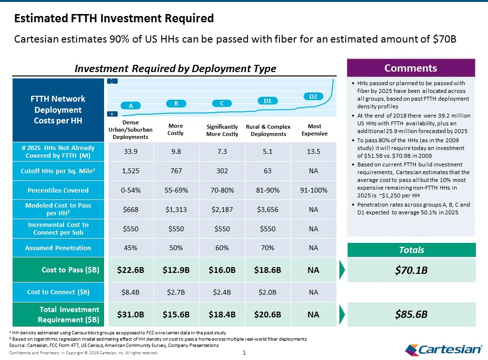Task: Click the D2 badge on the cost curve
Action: [313, 96]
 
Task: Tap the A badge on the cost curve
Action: [131, 105]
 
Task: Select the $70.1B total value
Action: [411, 270]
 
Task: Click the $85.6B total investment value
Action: [411, 314]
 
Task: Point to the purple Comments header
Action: [411, 68]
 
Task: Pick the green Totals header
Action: [412, 250]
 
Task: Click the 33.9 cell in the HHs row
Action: [131, 151]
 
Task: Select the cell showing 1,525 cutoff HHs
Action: [131, 171]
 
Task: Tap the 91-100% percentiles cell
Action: [314, 190]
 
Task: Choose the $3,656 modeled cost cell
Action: [268, 210]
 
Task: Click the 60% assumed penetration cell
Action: [222, 248]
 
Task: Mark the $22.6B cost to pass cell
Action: [131, 270]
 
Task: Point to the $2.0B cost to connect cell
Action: [268, 292]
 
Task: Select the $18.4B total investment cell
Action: [222, 315]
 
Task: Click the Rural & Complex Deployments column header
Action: [268, 130]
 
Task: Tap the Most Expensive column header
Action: [314, 130]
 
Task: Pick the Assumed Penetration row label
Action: [58, 248]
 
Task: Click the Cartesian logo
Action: [443, 350]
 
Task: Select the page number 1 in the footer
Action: [244, 353]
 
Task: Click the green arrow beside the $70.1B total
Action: [342, 270]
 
